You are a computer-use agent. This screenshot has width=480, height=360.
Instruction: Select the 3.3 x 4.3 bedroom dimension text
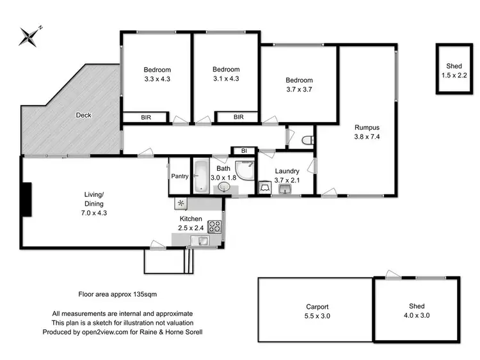point(157,79)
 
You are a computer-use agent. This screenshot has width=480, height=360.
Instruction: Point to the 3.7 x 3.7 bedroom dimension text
point(299,90)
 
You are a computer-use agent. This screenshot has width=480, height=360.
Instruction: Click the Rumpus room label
point(367,127)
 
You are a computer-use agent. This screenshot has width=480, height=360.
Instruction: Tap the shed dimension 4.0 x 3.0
point(417,316)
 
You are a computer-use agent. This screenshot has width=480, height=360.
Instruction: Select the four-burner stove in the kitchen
point(214,226)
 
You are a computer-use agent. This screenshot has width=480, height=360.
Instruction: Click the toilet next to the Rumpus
point(305,141)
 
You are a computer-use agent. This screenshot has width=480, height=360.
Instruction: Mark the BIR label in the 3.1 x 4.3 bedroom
point(238,118)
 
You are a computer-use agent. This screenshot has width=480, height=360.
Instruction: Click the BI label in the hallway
point(244,151)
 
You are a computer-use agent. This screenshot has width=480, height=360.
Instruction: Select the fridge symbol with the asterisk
point(180,203)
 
